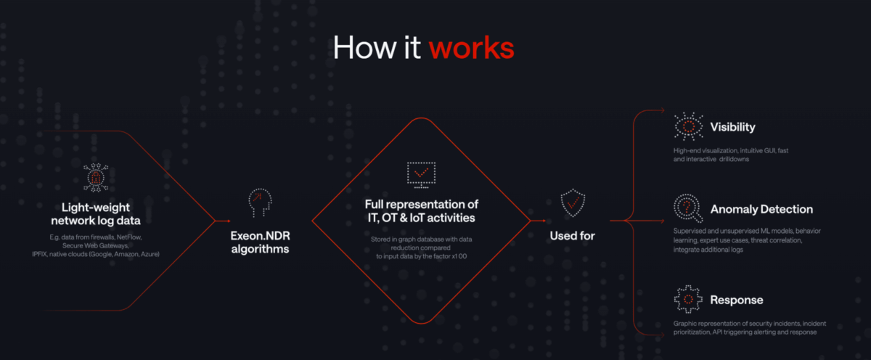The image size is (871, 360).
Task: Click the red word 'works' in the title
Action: (471, 47)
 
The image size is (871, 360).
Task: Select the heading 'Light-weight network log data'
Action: (97, 213)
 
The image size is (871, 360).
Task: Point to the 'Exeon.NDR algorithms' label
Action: (259, 242)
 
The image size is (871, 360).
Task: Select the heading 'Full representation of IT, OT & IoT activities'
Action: (422, 210)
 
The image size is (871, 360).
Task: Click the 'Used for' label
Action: (573, 236)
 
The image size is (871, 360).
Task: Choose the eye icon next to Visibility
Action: (688, 126)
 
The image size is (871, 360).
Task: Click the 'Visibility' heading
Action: (732, 127)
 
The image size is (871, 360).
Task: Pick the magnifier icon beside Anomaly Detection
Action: (687, 209)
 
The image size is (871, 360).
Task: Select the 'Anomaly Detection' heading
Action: (761, 209)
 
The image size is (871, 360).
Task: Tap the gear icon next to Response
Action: (687, 299)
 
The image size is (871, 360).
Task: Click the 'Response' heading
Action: (736, 300)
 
